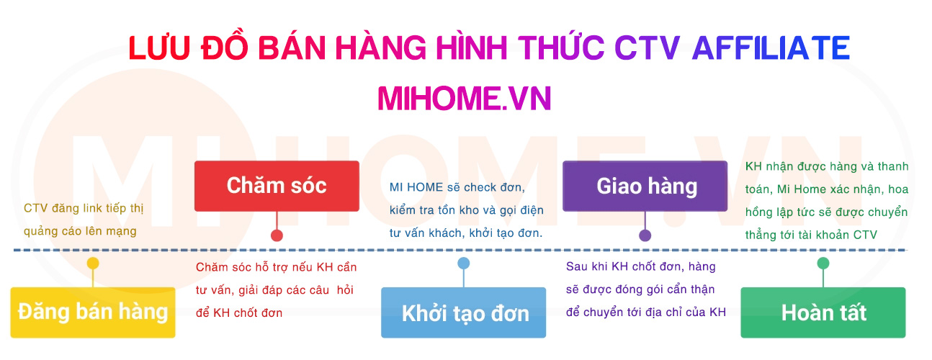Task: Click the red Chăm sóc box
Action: pos(277,186)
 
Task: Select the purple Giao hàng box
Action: pos(645,186)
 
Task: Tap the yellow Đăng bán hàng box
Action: pos(93,312)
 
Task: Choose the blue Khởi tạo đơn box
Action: pos(464,313)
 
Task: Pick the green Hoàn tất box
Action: pos(823,312)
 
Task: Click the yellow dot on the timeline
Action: pos(93,264)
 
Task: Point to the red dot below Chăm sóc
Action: pos(277,235)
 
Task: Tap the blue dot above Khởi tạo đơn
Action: pos(464,264)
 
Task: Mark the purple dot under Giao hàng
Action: pos(645,235)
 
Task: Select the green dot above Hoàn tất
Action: pos(823,264)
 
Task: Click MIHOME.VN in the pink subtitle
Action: pos(465,98)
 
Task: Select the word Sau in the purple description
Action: pos(577,267)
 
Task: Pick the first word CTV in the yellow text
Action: pos(35,209)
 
